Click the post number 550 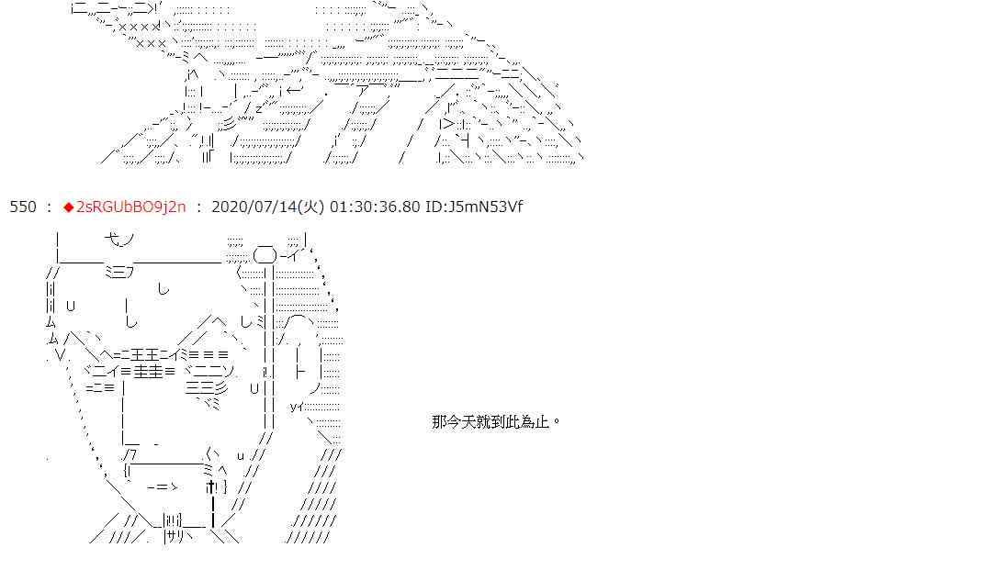(22, 207)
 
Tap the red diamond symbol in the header (68, 207)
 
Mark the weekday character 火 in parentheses (314, 207)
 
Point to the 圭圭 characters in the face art (147, 371)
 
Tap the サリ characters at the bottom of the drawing (178, 537)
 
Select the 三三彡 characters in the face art (200, 387)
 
